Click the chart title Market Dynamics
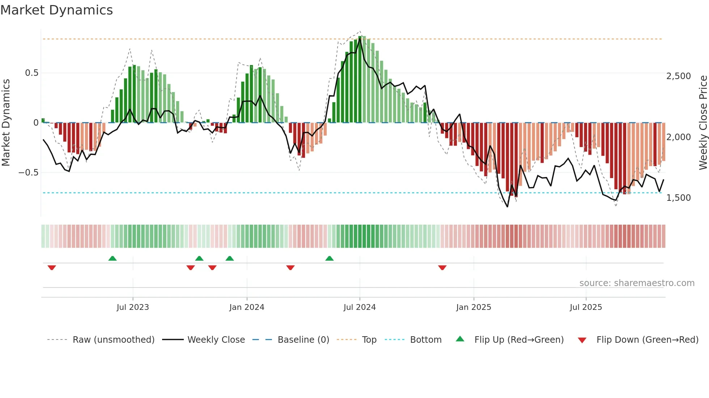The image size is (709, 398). coord(56,10)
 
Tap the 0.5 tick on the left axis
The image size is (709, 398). coord(32,73)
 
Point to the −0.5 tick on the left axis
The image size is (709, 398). coord(29,173)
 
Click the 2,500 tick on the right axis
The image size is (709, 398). coord(678,76)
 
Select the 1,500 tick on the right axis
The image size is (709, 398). coord(678,198)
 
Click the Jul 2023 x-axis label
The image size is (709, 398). coord(133,307)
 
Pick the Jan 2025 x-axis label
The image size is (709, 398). coord(474,307)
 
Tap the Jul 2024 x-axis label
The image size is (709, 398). coord(360,307)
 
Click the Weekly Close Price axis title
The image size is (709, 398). coord(703,123)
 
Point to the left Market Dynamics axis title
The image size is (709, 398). coord(6,123)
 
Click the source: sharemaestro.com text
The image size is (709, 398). coord(637,283)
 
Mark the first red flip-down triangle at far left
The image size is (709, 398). coord(52,268)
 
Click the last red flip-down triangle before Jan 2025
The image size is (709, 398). coord(442,268)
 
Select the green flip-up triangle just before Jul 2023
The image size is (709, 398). coord(112,258)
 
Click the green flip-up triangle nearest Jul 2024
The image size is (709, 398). coord(329,258)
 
